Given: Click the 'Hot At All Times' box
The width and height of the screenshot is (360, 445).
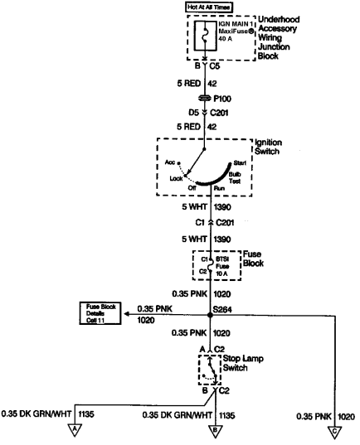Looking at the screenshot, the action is tap(209, 7).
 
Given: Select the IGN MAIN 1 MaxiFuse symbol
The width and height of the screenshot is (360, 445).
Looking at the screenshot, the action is tap(205, 36).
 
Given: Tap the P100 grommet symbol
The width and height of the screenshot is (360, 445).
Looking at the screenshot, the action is tap(205, 98).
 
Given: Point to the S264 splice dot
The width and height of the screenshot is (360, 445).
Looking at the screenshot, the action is tap(210, 315).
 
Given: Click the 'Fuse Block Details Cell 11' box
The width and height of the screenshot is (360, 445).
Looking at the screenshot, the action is tap(100, 313).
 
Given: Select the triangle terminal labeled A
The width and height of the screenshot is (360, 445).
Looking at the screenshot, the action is tap(75, 430).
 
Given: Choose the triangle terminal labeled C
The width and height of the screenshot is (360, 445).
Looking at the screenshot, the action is tap(335, 433).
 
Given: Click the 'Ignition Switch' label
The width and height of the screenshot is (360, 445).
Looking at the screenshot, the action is tap(268, 147).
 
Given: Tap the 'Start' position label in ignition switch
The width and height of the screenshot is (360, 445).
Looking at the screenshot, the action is tap(240, 163).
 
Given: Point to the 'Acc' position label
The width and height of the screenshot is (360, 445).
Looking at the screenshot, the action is tap(170, 162).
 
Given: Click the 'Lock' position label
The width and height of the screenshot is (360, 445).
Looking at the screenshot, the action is tap(176, 178).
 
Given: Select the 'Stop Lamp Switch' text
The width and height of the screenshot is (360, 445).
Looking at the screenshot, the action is tap(243, 363).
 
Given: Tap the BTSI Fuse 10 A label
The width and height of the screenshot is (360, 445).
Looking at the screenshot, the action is tap(222, 266).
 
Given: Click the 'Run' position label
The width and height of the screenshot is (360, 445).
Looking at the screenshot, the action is tap(219, 188).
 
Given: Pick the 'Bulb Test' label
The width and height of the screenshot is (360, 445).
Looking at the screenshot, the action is tap(235, 177).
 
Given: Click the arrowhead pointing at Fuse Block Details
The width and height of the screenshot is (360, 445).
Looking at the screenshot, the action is tap(127, 314).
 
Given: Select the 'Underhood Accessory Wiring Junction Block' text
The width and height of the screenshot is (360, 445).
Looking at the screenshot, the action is tap(279, 38).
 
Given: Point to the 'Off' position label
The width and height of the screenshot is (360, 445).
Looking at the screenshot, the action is tap(192, 188).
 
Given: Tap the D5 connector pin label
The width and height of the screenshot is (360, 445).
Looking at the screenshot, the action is tap(193, 113).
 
